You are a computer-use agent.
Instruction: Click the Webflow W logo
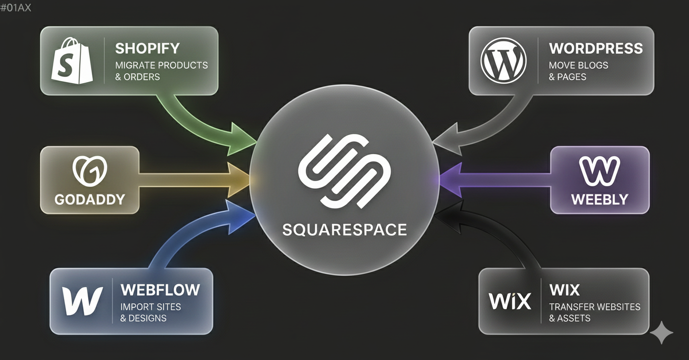tap(82, 300)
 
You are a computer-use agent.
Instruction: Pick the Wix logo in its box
tap(510, 301)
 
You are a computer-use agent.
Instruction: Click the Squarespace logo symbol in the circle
tap(344, 170)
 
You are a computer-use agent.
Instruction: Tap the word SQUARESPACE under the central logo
tap(344, 229)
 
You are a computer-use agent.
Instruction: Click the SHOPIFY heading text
tap(147, 48)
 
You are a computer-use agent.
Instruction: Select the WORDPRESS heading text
tap(596, 48)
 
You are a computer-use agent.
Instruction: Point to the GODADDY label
tap(90, 199)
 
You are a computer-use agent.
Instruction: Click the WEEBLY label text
tap(599, 199)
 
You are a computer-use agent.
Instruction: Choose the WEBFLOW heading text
tap(160, 290)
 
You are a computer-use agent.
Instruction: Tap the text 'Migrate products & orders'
tap(161, 71)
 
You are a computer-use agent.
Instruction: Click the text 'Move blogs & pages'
tap(578, 71)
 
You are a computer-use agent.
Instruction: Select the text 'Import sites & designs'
tap(151, 313)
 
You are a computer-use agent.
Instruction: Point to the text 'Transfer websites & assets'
tap(595, 313)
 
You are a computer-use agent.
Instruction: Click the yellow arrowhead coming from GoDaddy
tap(238, 179)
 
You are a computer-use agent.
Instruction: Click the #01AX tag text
tap(16, 7)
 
